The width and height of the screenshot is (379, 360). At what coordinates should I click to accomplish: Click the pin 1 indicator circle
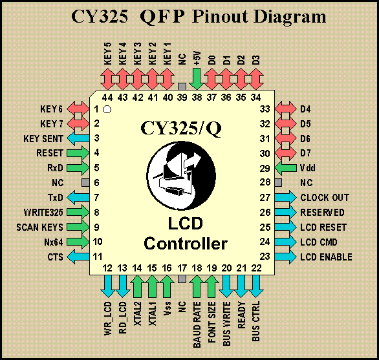tap(107, 109)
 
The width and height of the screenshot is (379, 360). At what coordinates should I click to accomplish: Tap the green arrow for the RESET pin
tap(78, 153)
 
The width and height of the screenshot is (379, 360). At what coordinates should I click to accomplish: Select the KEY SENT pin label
tap(43, 139)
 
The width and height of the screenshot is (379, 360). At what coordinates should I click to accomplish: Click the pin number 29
tap(265, 168)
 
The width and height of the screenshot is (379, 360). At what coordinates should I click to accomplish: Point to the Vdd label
tap(308, 168)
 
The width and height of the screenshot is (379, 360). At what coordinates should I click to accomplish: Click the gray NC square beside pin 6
tap(85, 183)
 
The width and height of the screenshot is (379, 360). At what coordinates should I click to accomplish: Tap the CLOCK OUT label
tap(325, 198)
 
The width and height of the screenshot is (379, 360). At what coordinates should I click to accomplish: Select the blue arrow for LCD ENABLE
tap(285, 257)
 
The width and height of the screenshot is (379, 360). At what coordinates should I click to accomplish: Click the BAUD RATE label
tap(197, 324)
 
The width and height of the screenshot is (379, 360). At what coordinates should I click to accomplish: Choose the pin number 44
tap(107, 98)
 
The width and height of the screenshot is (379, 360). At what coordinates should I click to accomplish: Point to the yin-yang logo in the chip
tap(181, 175)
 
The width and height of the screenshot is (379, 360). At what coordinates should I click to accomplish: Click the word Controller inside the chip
tap(186, 243)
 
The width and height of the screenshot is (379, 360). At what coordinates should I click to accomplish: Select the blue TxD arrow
tap(78, 197)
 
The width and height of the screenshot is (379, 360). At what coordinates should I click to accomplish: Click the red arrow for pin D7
tap(285, 153)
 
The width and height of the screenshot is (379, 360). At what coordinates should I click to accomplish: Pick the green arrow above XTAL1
tap(152, 286)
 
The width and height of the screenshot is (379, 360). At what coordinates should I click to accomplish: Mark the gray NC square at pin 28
tap(278, 183)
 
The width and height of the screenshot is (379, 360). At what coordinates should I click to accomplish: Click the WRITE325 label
tap(43, 213)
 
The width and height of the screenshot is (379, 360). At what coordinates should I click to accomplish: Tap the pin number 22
tap(256, 268)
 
